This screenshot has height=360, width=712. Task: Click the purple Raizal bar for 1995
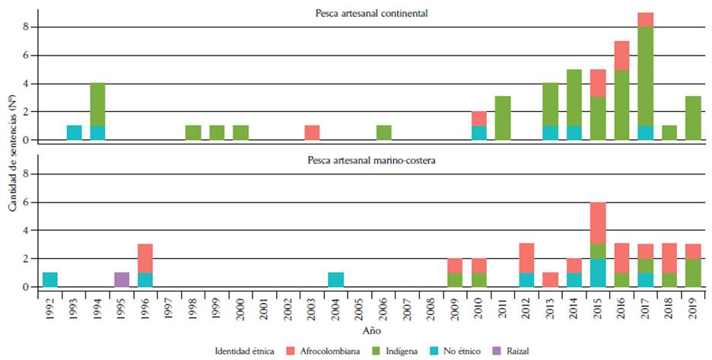122,279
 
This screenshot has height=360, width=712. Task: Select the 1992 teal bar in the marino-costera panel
50,279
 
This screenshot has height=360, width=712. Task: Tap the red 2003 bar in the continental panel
312,132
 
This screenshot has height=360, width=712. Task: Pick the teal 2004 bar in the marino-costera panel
336,279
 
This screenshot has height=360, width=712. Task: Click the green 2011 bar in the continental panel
503,118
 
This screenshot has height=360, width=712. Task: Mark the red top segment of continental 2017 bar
645,20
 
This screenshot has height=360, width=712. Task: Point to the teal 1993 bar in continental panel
75,132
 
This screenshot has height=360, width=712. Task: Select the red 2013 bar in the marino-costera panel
550,279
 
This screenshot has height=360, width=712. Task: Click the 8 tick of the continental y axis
26,27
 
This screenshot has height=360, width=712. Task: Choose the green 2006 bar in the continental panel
384,132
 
